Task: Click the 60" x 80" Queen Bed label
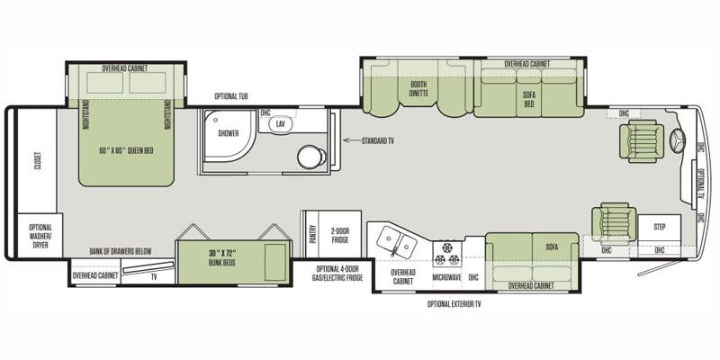(x=126, y=149)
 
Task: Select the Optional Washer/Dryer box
(x=40, y=235)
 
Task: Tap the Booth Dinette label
(x=418, y=89)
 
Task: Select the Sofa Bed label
(x=529, y=100)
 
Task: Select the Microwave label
(x=448, y=276)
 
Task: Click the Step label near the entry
(x=660, y=228)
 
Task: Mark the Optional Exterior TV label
(x=454, y=304)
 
